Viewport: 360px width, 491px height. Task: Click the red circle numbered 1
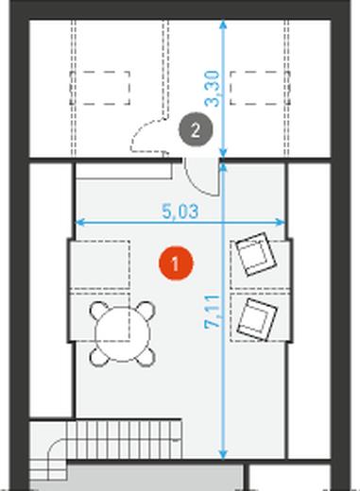pyautogui.click(x=176, y=263)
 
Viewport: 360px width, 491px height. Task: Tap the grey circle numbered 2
pyautogui.click(x=196, y=129)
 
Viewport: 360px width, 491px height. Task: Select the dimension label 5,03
pyautogui.click(x=180, y=212)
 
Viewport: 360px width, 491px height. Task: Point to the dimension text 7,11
pyautogui.click(x=212, y=312)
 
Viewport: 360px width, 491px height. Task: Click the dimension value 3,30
pyautogui.click(x=212, y=89)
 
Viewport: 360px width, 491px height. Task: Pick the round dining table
pyautogui.click(x=123, y=334)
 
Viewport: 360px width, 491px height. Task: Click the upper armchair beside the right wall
pyautogui.click(x=256, y=254)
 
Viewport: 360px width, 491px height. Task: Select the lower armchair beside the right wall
pyautogui.click(x=257, y=320)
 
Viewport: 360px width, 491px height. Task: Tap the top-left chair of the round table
pyautogui.click(x=99, y=311)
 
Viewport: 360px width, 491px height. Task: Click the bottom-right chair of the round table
pyautogui.click(x=146, y=358)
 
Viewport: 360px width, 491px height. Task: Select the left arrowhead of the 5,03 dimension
pyautogui.click(x=79, y=223)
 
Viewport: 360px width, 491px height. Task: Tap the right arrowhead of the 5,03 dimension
pyautogui.click(x=281, y=223)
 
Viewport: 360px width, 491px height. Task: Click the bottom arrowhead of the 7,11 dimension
pyautogui.click(x=223, y=455)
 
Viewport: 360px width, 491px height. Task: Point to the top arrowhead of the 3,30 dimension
pyautogui.click(x=223, y=25)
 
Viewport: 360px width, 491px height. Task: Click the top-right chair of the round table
pyautogui.click(x=146, y=311)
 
